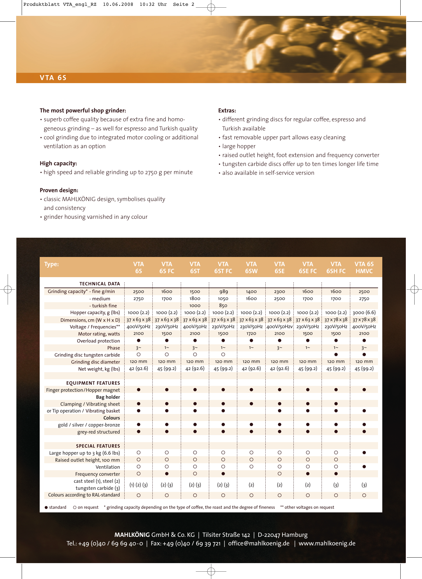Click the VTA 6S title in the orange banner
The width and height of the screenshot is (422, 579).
click(53, 78)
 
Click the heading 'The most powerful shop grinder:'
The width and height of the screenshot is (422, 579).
click(83, 111)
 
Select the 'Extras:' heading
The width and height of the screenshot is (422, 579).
click(227, 111)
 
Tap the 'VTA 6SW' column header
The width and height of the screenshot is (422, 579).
click(251, 267)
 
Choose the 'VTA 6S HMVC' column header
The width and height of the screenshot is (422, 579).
click(364, 267)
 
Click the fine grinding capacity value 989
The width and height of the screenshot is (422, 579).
click(223, 291)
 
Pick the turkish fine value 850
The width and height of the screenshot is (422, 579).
click(223, 306)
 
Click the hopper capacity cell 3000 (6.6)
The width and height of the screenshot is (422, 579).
click(364, 313)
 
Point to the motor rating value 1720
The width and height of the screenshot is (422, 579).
click(251, 334)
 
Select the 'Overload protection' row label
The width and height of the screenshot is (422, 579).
click(98, 341)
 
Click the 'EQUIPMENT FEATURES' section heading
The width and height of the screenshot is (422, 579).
click(93, 383)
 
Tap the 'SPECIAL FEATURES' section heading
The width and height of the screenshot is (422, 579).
click(98, 446)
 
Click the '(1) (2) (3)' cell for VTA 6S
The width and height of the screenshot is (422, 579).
click(138, 485)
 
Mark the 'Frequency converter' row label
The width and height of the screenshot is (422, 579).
click(97, 474)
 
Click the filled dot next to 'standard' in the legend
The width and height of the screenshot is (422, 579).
click(46, 508)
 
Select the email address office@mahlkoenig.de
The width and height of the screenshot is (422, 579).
click(259, 544)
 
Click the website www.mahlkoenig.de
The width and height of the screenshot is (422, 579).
click(327, 544)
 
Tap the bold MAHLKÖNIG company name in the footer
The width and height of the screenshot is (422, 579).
click(132, 535)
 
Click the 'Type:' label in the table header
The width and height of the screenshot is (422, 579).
click(51, 264)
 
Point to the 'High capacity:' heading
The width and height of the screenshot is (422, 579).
click(58, 163)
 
